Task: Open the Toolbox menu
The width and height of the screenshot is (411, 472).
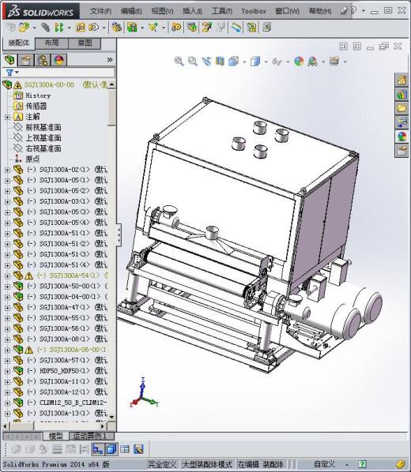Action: click(x=253, y=12)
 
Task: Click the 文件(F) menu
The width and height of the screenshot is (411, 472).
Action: click(x=100, y=12)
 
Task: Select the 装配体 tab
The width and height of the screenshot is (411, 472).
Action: click(x=17, y=43)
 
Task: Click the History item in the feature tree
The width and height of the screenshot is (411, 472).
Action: click(x=38, y=96)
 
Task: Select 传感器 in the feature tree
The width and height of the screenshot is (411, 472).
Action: click(x=36, y=106)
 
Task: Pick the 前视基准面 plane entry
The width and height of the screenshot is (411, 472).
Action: click(x=43, y=127)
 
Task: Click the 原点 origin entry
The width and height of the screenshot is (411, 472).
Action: click(x=32, y=159)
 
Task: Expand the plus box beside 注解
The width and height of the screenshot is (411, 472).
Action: click(x=8, y=117)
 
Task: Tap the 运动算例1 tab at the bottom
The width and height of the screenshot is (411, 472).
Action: click(x=90, y=436)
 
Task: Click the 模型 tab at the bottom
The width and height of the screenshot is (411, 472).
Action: click(x=55, y=436)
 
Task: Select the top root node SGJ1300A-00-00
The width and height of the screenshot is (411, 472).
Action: click(x=49, y=84)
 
